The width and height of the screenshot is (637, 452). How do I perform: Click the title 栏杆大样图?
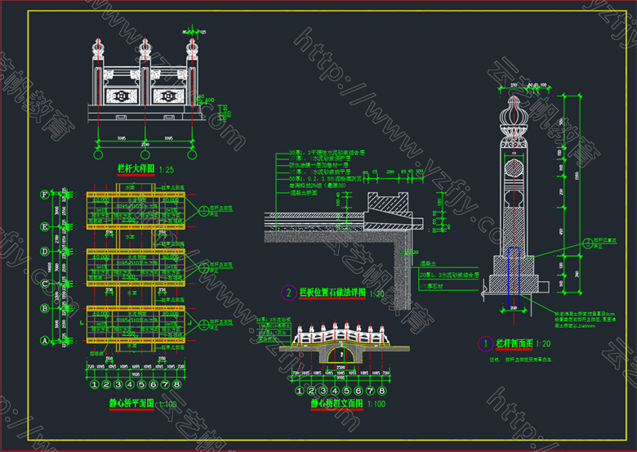coord(131,169)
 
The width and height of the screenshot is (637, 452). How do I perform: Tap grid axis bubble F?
coord(43,195)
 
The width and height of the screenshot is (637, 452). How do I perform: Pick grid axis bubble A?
coord(43,339)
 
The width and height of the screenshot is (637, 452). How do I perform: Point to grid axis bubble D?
coord(43,252)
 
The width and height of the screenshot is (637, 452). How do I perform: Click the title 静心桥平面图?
coord(122,404)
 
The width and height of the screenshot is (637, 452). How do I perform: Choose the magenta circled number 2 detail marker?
coord(287,292)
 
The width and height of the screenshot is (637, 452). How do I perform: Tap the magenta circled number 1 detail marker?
coord(484,344)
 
